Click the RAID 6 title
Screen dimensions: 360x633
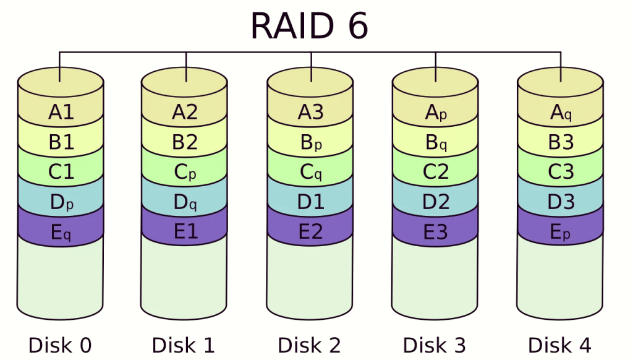coord(309,26)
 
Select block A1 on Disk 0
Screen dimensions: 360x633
coord(61,113)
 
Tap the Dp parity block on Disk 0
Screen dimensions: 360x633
coord(61,202)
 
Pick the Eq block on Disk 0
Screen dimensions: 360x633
coord(61,231)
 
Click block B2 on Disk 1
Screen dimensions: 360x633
coord(184,142)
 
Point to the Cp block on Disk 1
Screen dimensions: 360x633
coord(184,172)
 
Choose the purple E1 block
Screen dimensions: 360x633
coord(184,231)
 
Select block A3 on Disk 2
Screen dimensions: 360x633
coord(310,113)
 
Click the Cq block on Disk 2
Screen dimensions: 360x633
coord(310,172)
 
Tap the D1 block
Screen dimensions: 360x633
coord(310,202)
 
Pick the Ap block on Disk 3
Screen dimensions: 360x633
coord(435,113)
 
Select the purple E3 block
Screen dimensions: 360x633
coord(435,231)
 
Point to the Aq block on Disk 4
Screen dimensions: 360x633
coord(561,113)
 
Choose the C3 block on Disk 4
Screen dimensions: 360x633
coord(561,172)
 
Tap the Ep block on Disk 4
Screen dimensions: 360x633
coord(561,231)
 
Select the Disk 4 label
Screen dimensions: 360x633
coord(559,345)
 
